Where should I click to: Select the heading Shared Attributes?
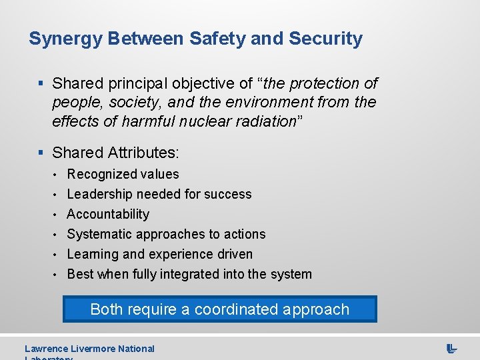(x=115, y=153)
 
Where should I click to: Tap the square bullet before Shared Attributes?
(x=41, y=153)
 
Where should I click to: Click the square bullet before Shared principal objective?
(x=41, y=84)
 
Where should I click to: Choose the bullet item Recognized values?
(x=123, y=175)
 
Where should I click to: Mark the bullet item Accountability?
(x=108, y=215)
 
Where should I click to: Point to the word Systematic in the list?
(x=100, y=235)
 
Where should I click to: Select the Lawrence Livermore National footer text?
(x=89, y=349)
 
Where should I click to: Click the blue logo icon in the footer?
(x=451, y=349)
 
